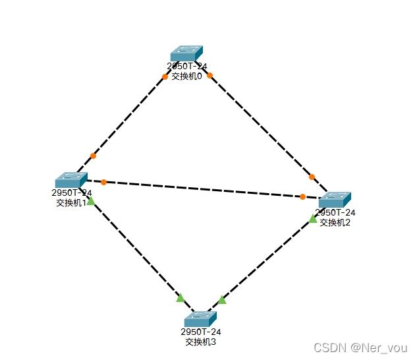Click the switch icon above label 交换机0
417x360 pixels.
(186, 53)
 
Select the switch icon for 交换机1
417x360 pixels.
(71, 180)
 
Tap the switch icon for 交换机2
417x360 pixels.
(335, 200)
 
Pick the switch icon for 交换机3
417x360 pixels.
(200, 319)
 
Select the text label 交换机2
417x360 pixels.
(335, 222)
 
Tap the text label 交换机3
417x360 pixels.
(200, 342)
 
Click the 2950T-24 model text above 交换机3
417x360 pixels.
(200, 332)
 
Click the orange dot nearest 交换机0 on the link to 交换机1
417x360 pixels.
(165, 76)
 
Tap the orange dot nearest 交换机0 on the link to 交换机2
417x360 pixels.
(209, 75)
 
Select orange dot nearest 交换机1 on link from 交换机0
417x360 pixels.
(93, 156)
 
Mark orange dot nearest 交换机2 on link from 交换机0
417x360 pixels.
(312, 177)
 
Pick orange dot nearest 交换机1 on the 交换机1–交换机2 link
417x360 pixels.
(103, 182)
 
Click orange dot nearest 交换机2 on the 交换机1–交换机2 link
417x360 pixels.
(302, 196)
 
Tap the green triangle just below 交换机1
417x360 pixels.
(90, 201)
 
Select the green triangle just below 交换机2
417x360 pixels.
(313, 218)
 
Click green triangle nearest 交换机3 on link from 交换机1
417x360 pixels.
(180, 298)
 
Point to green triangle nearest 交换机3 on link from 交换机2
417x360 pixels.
(222, 300)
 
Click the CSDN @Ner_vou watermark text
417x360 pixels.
(360, 347)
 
